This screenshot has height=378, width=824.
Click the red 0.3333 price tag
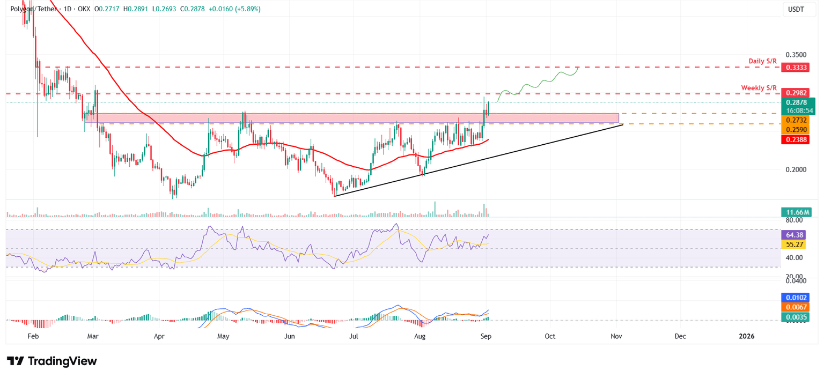(x=794, y=68)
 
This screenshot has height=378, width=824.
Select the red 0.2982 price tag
(x=794, y=93)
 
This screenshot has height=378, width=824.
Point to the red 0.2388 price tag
(x=794, y=139)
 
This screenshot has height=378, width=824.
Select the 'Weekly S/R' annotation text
(x=759, y=87)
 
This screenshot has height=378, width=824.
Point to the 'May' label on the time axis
(x=223, y=336)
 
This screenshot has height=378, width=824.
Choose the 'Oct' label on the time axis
(x=550, y=336)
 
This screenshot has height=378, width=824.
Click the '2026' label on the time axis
(x=746, y=336)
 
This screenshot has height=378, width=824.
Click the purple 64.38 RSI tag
(x=794, y=234)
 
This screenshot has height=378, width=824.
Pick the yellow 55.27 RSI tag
(x=794, y=243)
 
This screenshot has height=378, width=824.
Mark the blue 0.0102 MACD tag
(x=794, y=298)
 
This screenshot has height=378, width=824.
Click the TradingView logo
(x=51, y=361)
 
